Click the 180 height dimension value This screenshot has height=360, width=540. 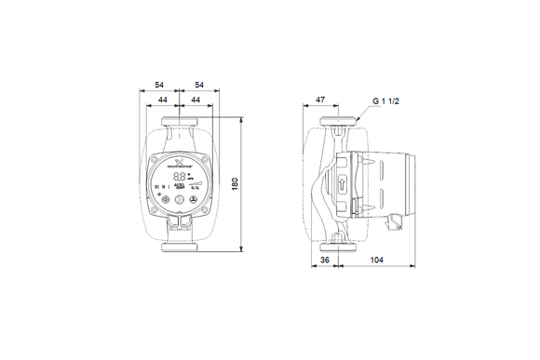[x=248, y=185]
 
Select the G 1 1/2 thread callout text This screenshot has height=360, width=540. [x=386, y=100]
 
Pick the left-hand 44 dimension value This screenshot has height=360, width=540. [x=164, y=100]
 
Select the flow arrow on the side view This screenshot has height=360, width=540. [x=342, y=182]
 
